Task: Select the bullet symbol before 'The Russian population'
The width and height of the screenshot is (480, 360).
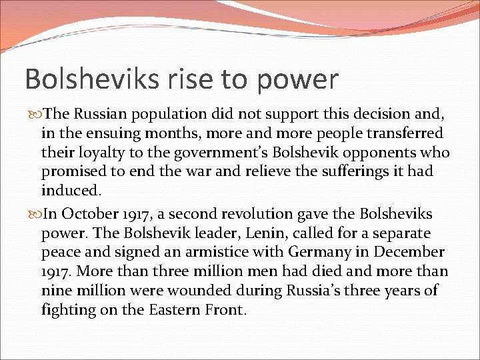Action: [x=35, y=114]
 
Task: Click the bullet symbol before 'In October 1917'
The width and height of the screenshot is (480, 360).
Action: [x=35, y=215]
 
